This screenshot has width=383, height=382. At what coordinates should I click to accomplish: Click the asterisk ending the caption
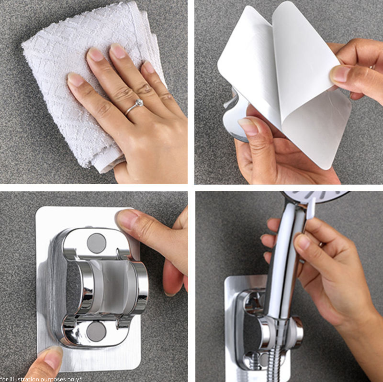pos(81,378)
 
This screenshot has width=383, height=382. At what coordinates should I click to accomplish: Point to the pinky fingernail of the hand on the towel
pos(149,67)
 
